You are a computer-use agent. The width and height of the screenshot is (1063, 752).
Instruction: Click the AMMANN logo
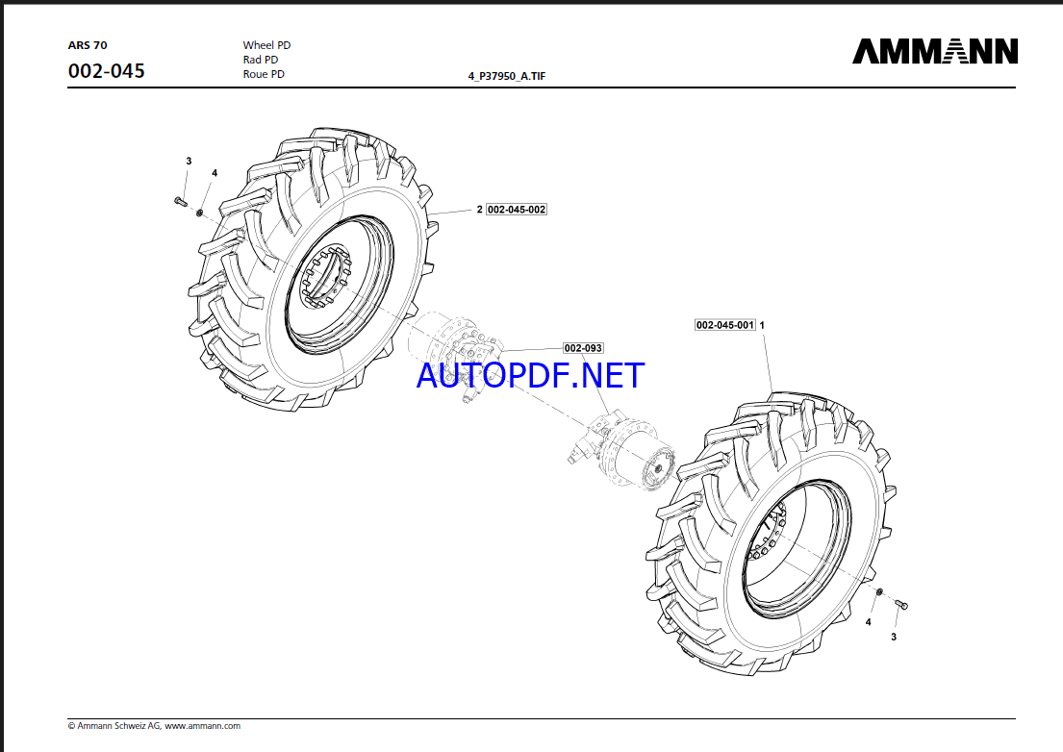tap(934, 52)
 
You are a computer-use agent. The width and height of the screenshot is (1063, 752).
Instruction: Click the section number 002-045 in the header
tap(107, 71)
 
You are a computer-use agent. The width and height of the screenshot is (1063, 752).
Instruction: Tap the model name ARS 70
tap(88, 45)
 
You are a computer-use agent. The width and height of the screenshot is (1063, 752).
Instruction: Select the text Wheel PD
tap(266, 45)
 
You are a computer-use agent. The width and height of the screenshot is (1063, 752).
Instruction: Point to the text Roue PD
tap(264, 74)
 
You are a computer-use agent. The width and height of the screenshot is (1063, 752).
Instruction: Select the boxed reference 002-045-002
tap(517, 210)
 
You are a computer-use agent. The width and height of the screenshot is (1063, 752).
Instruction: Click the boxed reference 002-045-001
tap(725, 325)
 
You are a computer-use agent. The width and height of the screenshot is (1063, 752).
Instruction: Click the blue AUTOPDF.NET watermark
tap(530, 374)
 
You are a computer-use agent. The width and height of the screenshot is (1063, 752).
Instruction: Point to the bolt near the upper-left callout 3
tap(180, 201)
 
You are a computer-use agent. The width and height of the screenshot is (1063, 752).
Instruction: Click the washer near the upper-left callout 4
tap(200, 213)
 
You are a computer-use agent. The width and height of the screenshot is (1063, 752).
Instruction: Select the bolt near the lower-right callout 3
tap(901, 604)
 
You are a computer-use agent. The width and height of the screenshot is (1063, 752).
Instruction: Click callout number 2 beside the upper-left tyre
tap(479, 210)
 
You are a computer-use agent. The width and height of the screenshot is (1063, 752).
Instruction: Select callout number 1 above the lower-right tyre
tap(763, 325)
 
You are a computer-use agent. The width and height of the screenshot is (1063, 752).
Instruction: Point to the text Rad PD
tap(261, 60)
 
